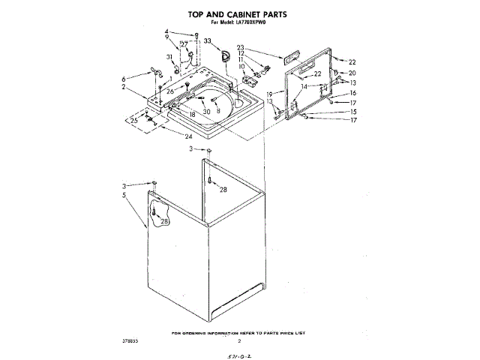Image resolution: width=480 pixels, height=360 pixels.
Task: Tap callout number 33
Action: click(207, 40)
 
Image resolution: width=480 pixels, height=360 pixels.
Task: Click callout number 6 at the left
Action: click(123, 78)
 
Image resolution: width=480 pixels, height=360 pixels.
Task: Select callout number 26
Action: click(170, 92)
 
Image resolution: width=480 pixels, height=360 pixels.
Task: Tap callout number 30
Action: click(206, 112)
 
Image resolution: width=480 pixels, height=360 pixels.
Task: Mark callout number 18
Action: click(193, 114)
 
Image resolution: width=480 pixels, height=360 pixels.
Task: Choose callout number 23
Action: click(241, 47)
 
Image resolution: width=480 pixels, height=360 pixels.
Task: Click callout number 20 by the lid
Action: click(352, 72)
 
